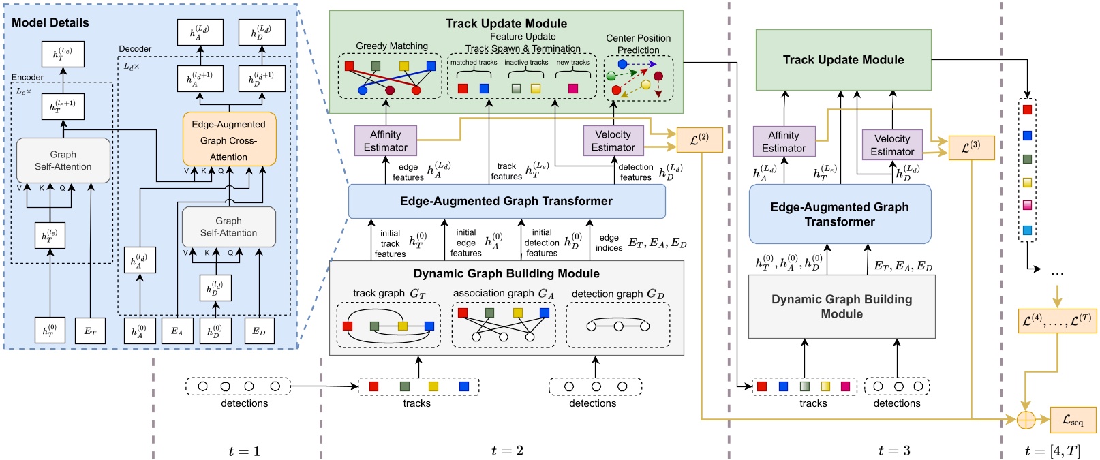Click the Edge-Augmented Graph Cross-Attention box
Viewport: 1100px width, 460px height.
[x=229, y=140]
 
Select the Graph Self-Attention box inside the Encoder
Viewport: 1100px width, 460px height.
[x=63, y=160]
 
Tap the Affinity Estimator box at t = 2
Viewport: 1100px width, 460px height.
[x=385, y=140]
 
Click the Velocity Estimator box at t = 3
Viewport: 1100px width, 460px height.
[x=891, y=144]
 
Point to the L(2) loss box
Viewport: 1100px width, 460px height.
[x=699, y=139]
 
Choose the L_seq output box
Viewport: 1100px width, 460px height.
[x=1073, y=420]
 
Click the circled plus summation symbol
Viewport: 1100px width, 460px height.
[x=1026, y=420]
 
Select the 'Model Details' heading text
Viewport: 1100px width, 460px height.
[x=50, y=22]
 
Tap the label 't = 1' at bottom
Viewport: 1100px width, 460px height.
[x=244, y=450]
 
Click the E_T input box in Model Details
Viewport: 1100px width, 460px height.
[x=90, y=331]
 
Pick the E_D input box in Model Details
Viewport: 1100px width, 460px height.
[x=258, y=331]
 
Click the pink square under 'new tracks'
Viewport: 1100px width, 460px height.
[x=572, y=89]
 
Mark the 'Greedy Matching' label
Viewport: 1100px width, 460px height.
[x=392, y=46]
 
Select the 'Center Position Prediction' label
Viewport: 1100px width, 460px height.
[x=638, y=44]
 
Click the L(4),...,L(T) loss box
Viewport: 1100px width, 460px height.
[x=1056, y=320]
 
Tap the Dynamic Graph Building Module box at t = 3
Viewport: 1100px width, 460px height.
[x=841, y=307]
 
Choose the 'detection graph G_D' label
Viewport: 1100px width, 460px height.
[x=617, y=293]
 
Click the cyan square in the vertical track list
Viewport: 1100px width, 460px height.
[x=1027, y=230]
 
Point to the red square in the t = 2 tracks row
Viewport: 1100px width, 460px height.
[x=373, y=386]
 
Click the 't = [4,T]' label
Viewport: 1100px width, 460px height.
[x=1052, y=450]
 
